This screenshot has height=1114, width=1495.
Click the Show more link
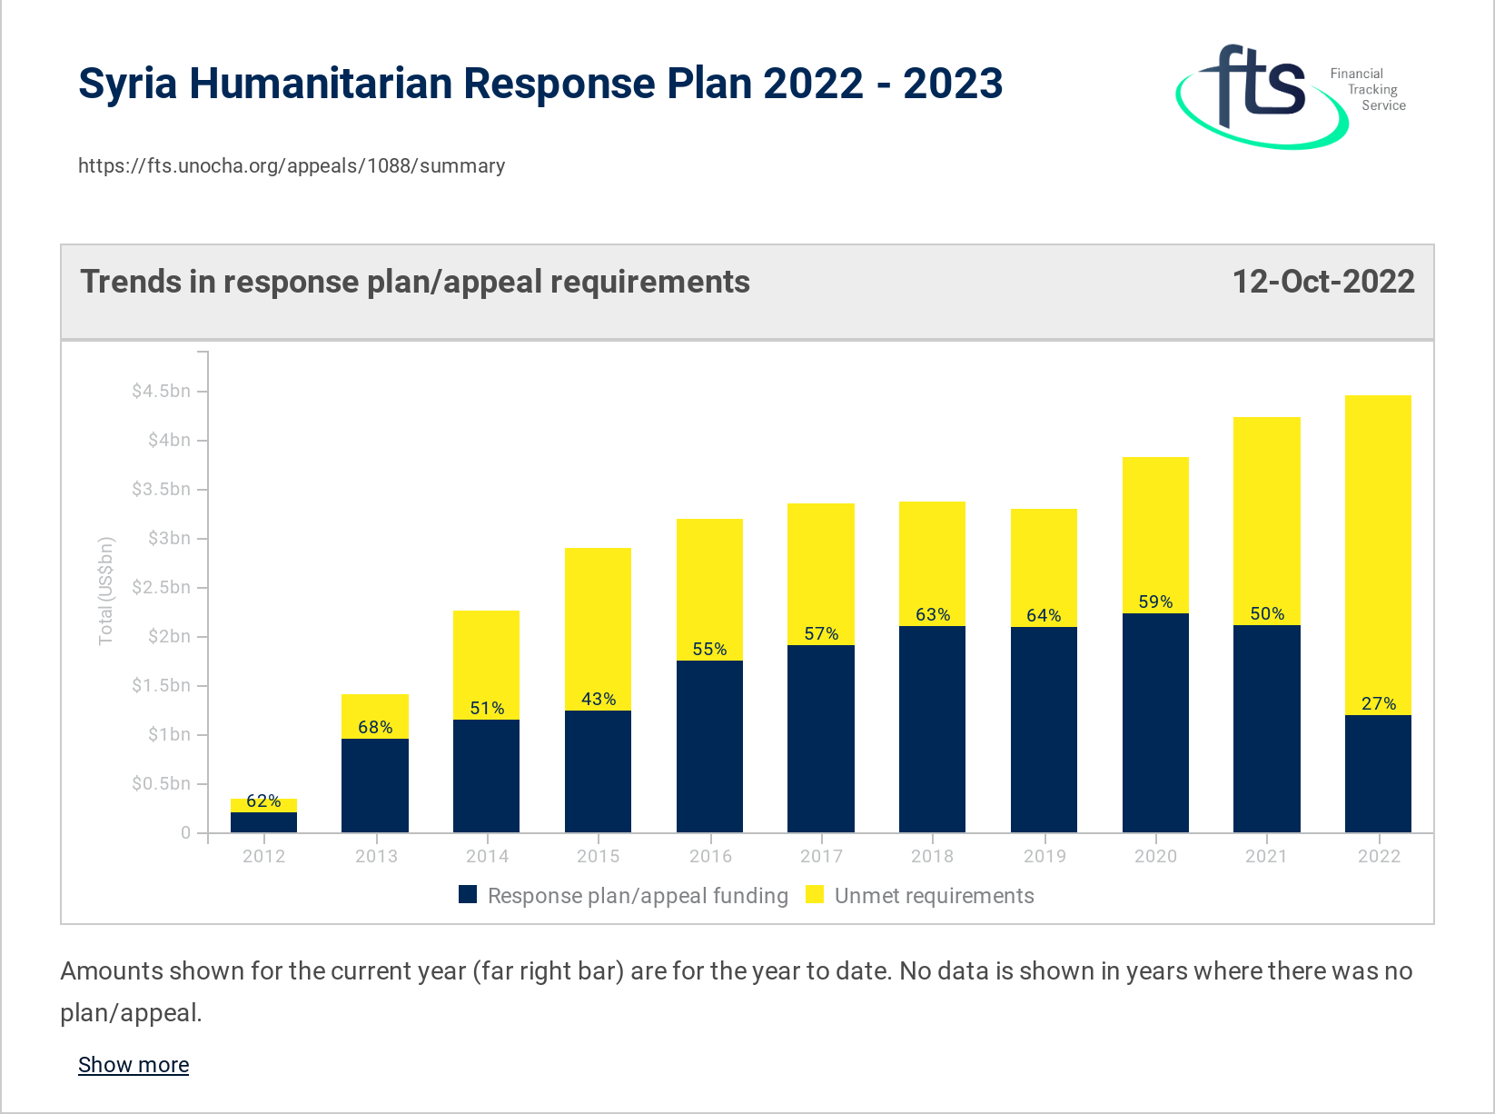point(134,1065)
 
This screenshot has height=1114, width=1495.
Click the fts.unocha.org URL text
point(291,166)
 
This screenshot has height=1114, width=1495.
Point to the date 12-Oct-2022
point(1322,282)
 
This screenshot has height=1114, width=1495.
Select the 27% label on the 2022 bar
point(1378,704)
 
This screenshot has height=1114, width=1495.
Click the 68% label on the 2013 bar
point(375,728)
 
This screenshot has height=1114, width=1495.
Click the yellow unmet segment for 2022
point(1378,545)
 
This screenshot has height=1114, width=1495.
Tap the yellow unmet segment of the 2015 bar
point(598,618)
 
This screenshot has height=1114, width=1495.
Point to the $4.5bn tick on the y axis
point(161,392)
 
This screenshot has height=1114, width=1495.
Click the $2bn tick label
point(169,637)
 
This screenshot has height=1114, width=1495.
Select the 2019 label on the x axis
point(1044,856)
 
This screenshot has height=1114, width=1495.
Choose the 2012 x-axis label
point(263,856)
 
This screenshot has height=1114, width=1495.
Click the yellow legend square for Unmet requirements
point(815,895)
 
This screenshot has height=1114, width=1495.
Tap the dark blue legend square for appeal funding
point(468,895)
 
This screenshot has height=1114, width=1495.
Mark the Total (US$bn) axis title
point(106,591)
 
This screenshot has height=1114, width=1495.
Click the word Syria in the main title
point(127,84)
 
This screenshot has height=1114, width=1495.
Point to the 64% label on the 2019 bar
point(1044,616)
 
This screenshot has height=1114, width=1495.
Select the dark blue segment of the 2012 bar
point(263,822)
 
